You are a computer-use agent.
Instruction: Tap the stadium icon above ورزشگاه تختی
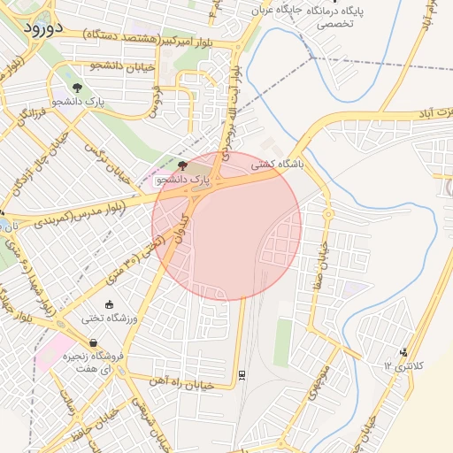108,304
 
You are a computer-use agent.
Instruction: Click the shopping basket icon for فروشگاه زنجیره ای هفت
93,343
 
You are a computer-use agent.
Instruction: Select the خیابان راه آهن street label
194,384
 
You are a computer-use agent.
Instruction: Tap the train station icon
242,374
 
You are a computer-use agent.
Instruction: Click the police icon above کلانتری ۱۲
404,352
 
